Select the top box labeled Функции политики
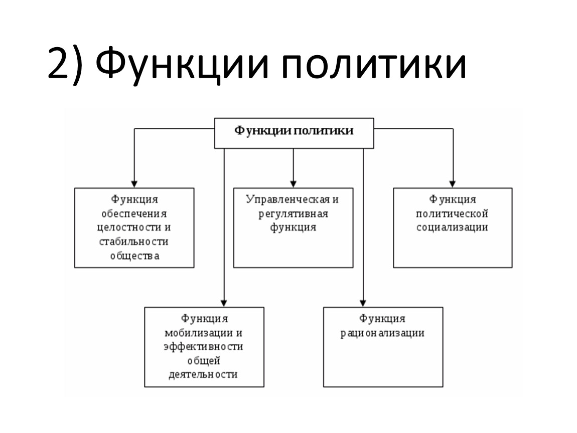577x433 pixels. [x=294, y=132]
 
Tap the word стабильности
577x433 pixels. [x=134, y=242]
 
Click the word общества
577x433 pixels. [x=134, y=256]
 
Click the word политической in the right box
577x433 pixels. [x=453, y=214]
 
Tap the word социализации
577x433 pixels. [x=453, y=228]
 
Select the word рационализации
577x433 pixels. [x=383, y=333]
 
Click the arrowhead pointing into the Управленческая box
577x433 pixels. [x=294, y=183]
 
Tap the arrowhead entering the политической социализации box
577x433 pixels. [x=453, y=183]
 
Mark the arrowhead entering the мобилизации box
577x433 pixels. [x=224, y=303]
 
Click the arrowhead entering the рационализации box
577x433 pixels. [x=363, y=303]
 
